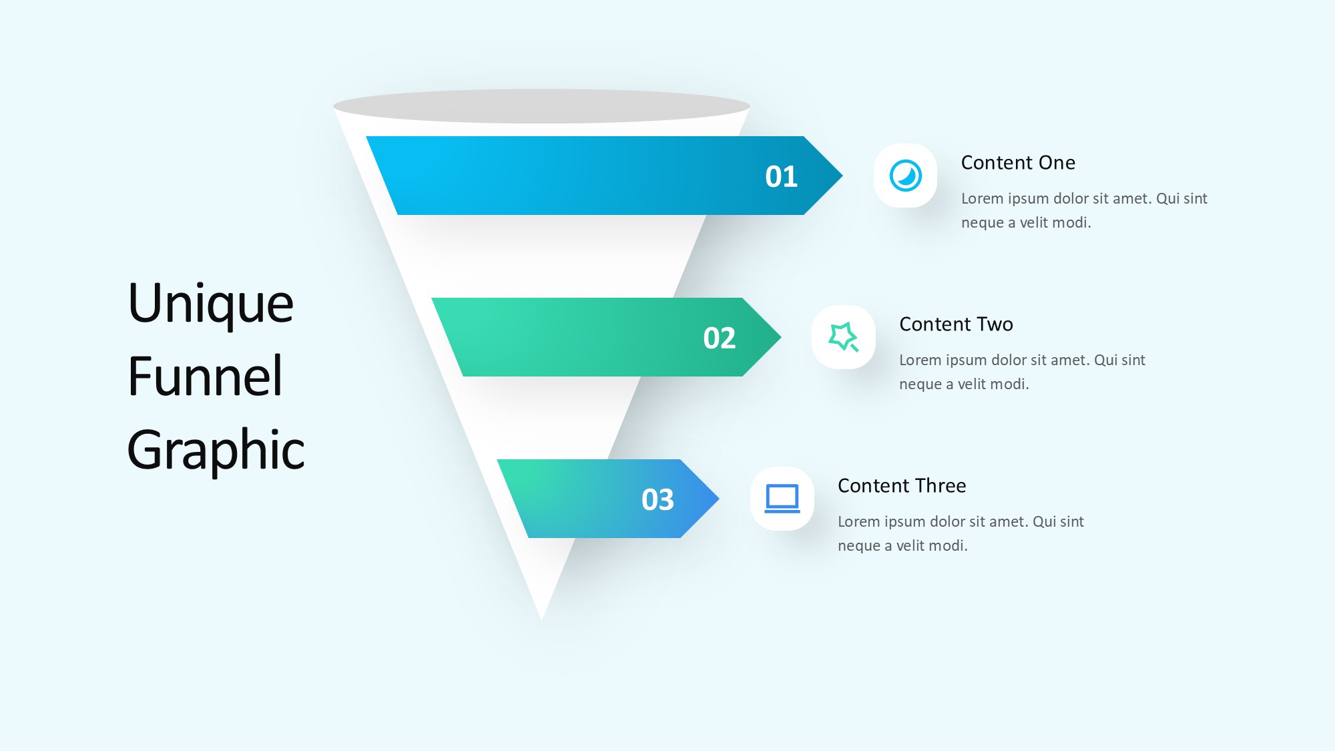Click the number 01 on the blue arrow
[x=781, y=176]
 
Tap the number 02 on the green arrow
[x=719, y=338]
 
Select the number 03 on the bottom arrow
[x=657, y=499]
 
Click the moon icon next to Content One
[x=906, y=176]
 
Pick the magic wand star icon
[x=844, y=337]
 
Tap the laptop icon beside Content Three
[x=782, y=499]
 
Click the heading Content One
[x=1018, y=163]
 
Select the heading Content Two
[x=956, y=324]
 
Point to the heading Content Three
[x=902, y=486]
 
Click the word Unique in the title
[x=211, y=304]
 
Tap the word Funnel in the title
[x=205, y=376]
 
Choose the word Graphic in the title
[x=216, y=450]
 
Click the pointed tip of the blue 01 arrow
[x=842, y=176]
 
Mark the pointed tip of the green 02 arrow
[x=780, y=337]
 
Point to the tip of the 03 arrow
[x=718, y=499]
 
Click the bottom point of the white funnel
[x=542, y=619]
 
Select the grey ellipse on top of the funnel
[x=541, y=106]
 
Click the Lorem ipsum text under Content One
[x=1084, y=210]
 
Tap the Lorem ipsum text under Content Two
[x=1022, y=372]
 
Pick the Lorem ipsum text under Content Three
[x=961, y=533]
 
